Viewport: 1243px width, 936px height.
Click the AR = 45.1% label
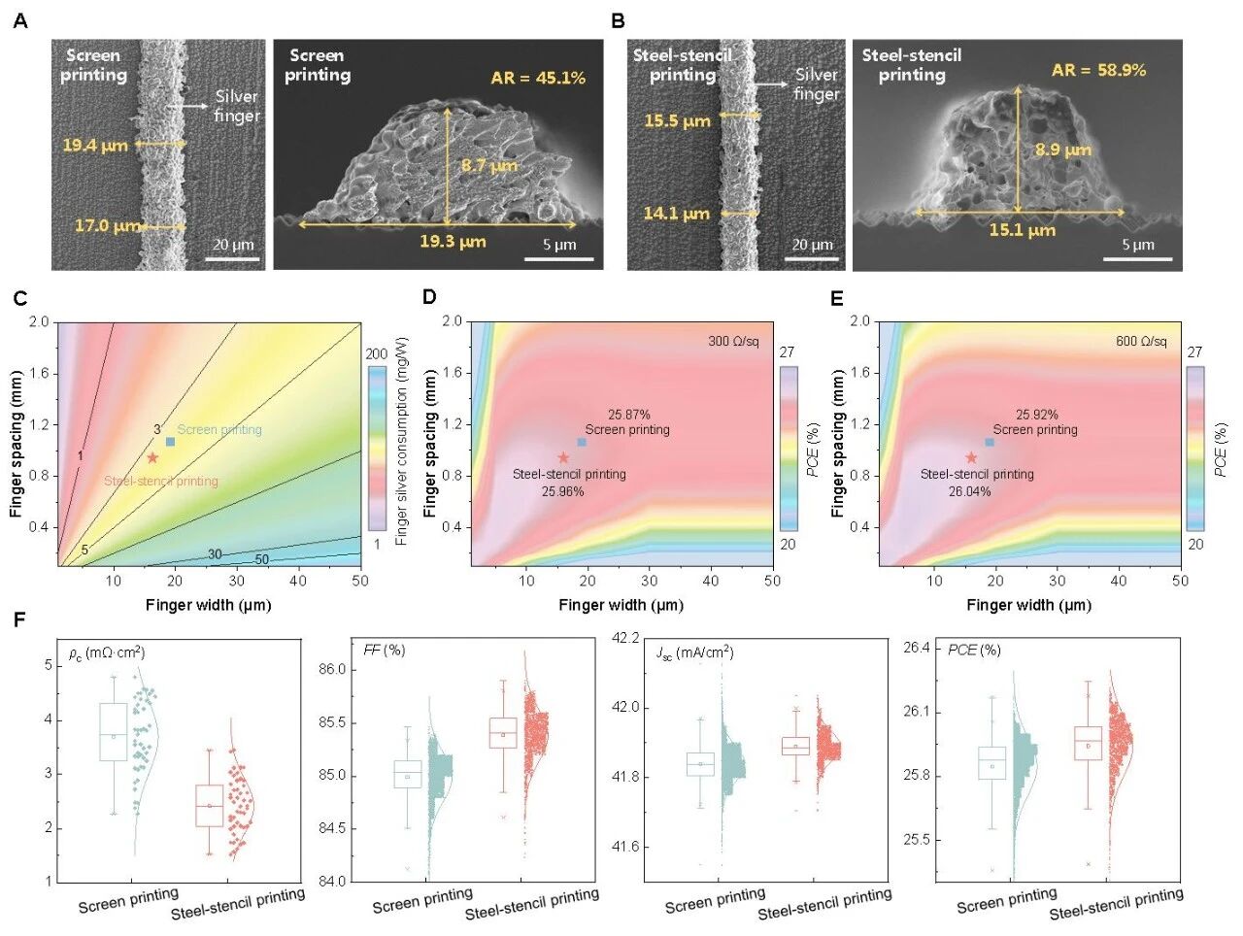tap(538, 78)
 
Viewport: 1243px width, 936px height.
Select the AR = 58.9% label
tap(1098, 70)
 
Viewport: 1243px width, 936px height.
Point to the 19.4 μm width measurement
tap(95, 146)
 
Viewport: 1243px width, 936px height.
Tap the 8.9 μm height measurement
tap(1062, 150)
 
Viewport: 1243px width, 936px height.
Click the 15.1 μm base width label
tap(1022, 230)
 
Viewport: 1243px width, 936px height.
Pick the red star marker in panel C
tap(152, 457)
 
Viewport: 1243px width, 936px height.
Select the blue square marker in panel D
tap(582, 442)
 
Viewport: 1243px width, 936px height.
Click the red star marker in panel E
tap(971, 457)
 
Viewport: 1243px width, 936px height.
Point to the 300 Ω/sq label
tap(733, 342)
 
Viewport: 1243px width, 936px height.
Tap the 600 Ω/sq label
tap(1141, 342)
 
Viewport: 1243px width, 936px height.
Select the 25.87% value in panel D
tap(629, 415)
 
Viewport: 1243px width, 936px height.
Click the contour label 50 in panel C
tap(262, 560)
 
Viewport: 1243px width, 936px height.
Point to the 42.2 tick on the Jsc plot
tap(626, 638)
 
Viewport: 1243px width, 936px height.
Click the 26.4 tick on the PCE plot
tap(916, 648)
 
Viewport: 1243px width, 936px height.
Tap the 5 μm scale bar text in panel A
tap(559, 245)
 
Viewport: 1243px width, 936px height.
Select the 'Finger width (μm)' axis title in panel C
tap(208, 605)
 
